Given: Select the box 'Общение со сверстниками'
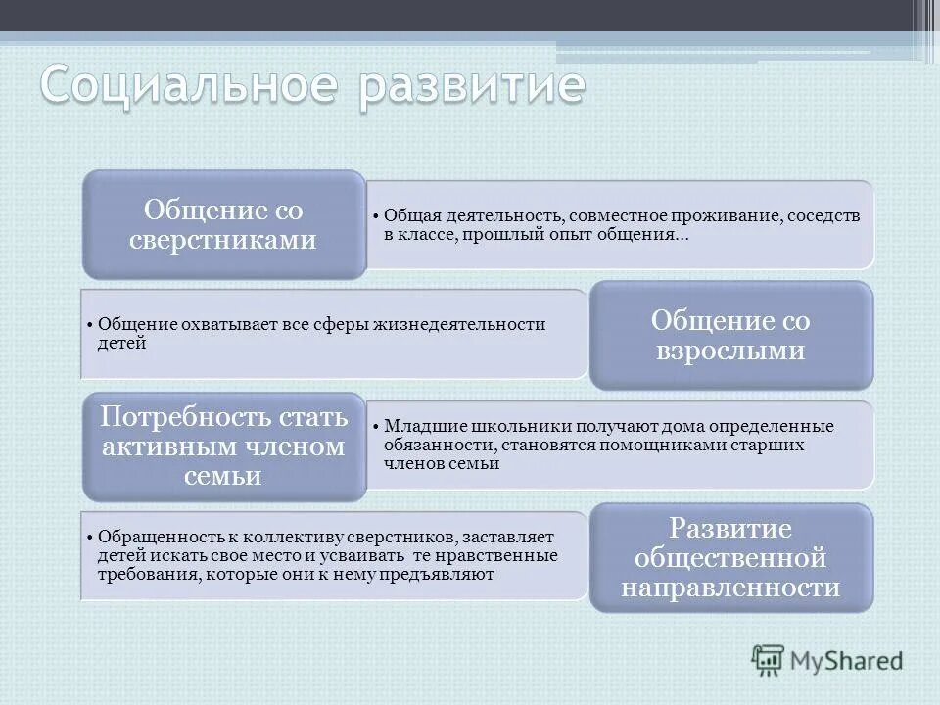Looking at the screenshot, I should [223, 224].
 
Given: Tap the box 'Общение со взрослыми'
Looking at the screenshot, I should [730, 336].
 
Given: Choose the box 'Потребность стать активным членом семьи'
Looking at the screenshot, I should [223, 446].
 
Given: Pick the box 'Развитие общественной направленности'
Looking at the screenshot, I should [730, 558].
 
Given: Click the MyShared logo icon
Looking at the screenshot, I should [769, 660].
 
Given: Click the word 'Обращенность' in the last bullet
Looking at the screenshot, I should [146, 538].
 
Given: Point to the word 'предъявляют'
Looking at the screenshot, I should [446, 575].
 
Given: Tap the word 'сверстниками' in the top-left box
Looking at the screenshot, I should [223, 239].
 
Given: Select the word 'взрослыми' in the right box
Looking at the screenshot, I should [730, 351].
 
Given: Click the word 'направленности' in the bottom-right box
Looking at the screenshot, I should [730, 587].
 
